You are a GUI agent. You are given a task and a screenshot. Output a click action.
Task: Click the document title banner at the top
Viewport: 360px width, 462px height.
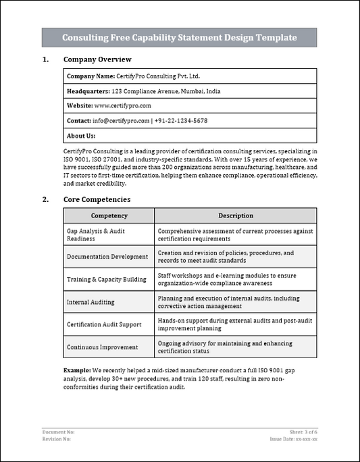coord(180,38)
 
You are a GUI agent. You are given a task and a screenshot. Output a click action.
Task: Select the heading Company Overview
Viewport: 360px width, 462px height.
coord(97,59)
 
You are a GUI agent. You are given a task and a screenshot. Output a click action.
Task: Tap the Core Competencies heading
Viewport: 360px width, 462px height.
coord(97,199)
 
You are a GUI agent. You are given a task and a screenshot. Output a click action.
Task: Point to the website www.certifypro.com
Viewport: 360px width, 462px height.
coord(122,106)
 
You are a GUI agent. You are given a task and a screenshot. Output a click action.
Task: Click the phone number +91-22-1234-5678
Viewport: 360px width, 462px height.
coord(181,121)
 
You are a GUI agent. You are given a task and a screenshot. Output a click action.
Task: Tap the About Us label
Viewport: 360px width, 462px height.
coord(81,136)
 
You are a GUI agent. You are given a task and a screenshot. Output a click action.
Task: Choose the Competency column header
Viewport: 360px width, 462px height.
coord(109,215)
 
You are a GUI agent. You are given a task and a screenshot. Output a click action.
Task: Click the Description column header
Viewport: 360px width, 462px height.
coord(235,215)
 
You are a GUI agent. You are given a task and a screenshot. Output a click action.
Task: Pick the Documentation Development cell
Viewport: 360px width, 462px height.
coord(107,257)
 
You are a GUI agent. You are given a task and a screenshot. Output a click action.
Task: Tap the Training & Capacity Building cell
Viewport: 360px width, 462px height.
coord(106,279)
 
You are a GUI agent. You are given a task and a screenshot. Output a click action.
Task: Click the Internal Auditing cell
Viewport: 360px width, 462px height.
coord(91,302)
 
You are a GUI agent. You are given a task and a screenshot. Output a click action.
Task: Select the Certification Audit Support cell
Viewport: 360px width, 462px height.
coord(104,324)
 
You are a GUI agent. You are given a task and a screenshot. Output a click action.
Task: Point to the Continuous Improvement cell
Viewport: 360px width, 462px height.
coord(102,347)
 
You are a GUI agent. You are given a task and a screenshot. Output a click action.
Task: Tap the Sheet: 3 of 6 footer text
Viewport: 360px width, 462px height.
coord(303,431)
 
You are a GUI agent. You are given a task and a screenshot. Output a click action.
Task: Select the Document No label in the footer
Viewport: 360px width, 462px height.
coord(58,431)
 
